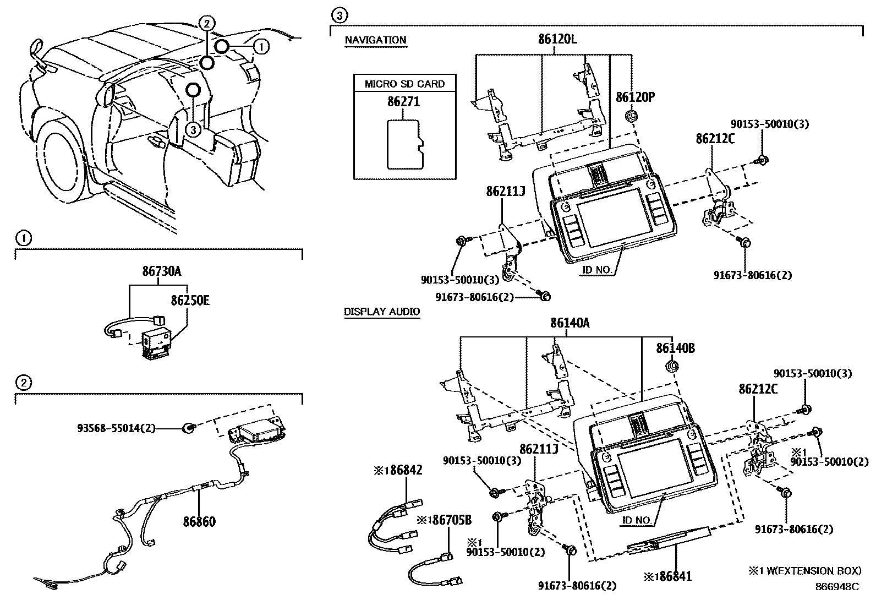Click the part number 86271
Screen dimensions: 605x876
pyautogui.click(x=403, y=102)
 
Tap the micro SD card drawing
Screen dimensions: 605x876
pyautogui.click(x=406, y=144)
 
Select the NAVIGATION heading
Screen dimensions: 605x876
pyautogui.click(x=375, y=40)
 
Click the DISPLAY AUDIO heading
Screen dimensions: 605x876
pyautogui.click(x=382, y=312)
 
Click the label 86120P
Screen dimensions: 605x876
pyautogui.click(x=635, y=97)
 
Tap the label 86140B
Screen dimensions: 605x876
pyautogui.click(x=675, y=348)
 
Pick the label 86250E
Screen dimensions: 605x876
pyautogui.click(x=190, y=301)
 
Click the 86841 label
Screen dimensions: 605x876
pyautogui.click(x=668, y=576)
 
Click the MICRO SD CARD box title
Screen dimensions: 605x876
pyautogui.click(x=404, y=84)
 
